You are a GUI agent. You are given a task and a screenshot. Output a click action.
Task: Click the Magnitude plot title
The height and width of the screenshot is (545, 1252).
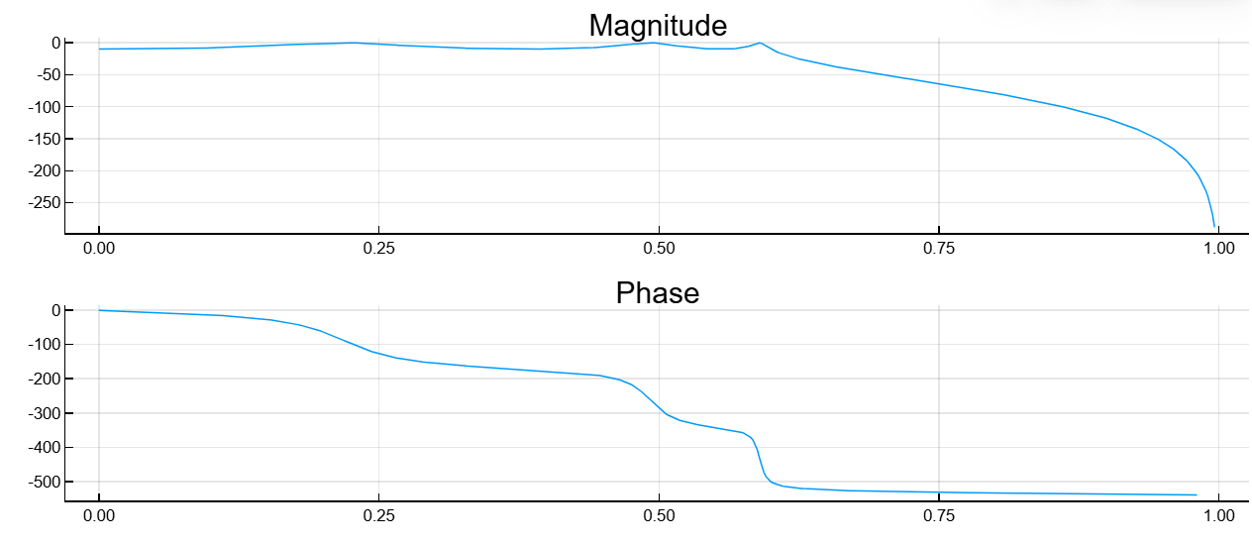coord(658,25)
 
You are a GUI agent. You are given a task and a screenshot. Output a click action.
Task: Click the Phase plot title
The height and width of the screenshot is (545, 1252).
coord(658,293)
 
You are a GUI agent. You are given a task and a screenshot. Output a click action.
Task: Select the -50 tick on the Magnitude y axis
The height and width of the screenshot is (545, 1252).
coord(47,75)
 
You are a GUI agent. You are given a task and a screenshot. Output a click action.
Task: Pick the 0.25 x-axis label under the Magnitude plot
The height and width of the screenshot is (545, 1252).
coord(378,248)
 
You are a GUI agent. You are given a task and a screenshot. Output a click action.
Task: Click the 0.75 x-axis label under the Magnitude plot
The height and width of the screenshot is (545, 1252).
coord(939,248)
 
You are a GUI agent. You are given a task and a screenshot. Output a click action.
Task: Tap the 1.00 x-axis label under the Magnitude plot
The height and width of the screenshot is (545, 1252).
coord(1218,248)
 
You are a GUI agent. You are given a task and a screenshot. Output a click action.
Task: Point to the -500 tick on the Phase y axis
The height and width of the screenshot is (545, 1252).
coord(43,482)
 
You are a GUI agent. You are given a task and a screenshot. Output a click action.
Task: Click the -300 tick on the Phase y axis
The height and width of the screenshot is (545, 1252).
coord(43,413)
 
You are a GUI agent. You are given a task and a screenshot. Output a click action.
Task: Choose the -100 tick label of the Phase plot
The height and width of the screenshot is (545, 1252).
coord(43,345)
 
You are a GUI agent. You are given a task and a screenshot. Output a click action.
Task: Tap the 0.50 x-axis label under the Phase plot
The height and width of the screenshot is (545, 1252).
coord(659,515)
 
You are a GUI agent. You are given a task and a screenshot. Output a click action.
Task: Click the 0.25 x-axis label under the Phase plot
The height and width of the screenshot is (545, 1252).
coord(378,515)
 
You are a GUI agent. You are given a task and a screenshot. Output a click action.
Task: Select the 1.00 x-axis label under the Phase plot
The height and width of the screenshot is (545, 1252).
coord(1218,515)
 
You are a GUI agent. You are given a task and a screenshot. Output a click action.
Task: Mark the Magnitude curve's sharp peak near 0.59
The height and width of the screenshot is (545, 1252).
coord(760,43)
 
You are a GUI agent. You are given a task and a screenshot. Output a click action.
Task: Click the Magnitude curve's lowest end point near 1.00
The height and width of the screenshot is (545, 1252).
coord(1215,226)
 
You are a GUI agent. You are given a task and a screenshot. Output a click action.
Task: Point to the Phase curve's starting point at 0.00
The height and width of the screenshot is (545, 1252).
coord(99,310)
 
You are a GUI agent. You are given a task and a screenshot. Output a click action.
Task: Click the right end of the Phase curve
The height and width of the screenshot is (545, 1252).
coord(1197,494)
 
